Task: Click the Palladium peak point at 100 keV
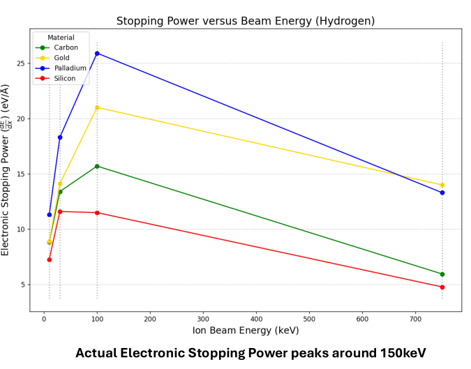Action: (97, 53)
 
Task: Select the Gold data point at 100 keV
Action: (97, 107)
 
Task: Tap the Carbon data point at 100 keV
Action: (97, 166)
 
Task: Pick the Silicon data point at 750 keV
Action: (442, 287)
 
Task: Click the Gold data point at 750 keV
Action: (442, 185)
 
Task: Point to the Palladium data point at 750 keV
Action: (442, 193)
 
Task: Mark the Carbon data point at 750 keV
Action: (442, 274)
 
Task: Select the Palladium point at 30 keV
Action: (60, 137)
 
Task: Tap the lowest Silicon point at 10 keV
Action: (50, 259)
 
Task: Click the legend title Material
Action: (60, 38)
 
